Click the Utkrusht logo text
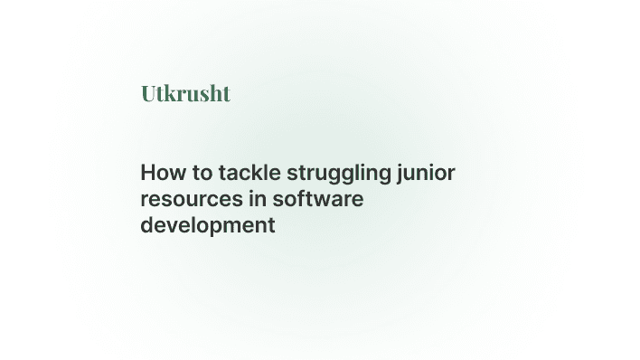point(185,93)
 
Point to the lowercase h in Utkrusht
point(217,93)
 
